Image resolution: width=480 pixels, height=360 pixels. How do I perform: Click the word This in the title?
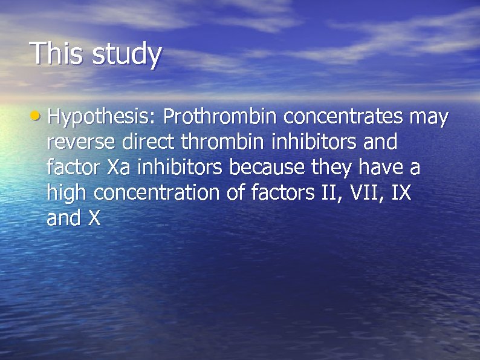click(58, 53)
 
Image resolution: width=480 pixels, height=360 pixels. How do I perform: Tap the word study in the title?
click(127, 55)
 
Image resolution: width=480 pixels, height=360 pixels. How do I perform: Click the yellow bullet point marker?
click(39, 115)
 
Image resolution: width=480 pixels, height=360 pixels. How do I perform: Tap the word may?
click(429, 117)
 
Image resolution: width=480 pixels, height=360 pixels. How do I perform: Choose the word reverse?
click(82, 142)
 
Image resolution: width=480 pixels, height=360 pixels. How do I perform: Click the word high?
click(68, 194)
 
